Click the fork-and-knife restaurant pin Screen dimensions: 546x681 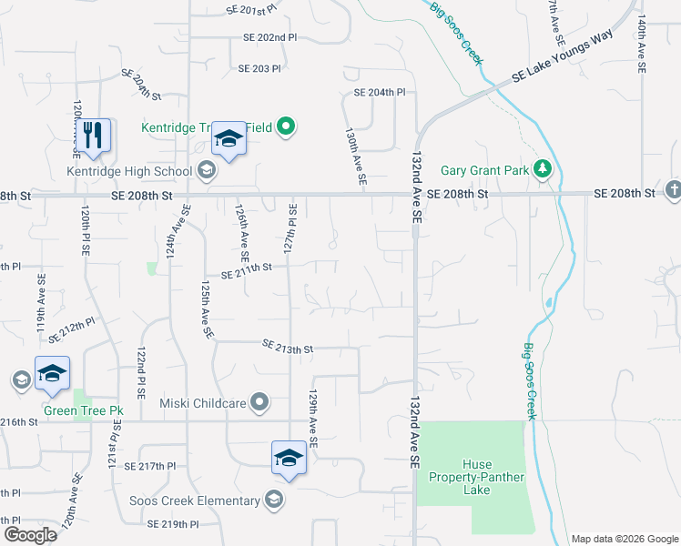click(x=93, y=136)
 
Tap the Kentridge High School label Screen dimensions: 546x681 click(x=129, y=171)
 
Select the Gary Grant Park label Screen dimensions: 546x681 click(x=483, y=169)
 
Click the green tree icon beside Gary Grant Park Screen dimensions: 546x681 click(x=543, y=168)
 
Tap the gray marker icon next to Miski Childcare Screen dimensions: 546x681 click(x=260, y=401)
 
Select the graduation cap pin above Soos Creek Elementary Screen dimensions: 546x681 click(x=288, y=458)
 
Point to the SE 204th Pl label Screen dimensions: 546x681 click(x=379, y=93)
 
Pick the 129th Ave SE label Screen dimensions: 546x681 click(x=312, y=419)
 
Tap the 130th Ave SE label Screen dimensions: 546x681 click(x=354, y=157)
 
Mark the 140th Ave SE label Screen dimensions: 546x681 click(x=641, y=44)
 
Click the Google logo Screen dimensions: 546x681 click(x=30, y=535)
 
